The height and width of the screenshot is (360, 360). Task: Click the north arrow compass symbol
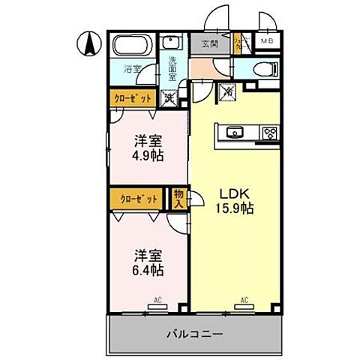pos(88,44)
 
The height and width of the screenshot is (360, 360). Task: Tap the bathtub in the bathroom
pos(133,46)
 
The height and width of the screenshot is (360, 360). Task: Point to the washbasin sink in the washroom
pos(172,43)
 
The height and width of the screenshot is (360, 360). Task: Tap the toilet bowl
pos(265,68)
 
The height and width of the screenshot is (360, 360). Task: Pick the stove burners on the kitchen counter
pos(268,133)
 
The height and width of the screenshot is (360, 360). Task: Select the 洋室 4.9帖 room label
pos(148,148)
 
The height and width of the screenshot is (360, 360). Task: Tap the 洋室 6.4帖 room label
pos(148,261)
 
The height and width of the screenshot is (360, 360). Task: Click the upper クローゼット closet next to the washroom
pos(133,97)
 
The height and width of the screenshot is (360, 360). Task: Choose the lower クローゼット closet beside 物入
pos(139,199)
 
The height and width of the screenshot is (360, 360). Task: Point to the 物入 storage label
pos(178,198)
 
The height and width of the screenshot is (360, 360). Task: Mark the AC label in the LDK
pos(243,300)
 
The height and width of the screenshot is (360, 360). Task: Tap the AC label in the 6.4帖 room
pos(157,300)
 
